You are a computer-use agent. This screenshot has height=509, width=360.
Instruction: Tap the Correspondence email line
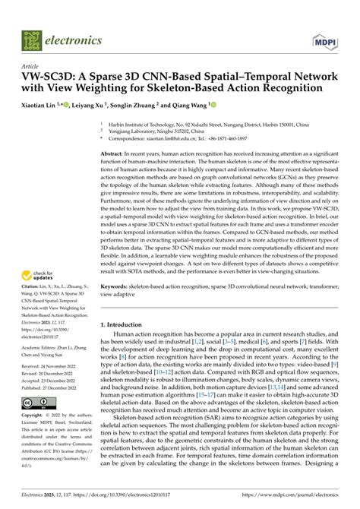tap(186, 138)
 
